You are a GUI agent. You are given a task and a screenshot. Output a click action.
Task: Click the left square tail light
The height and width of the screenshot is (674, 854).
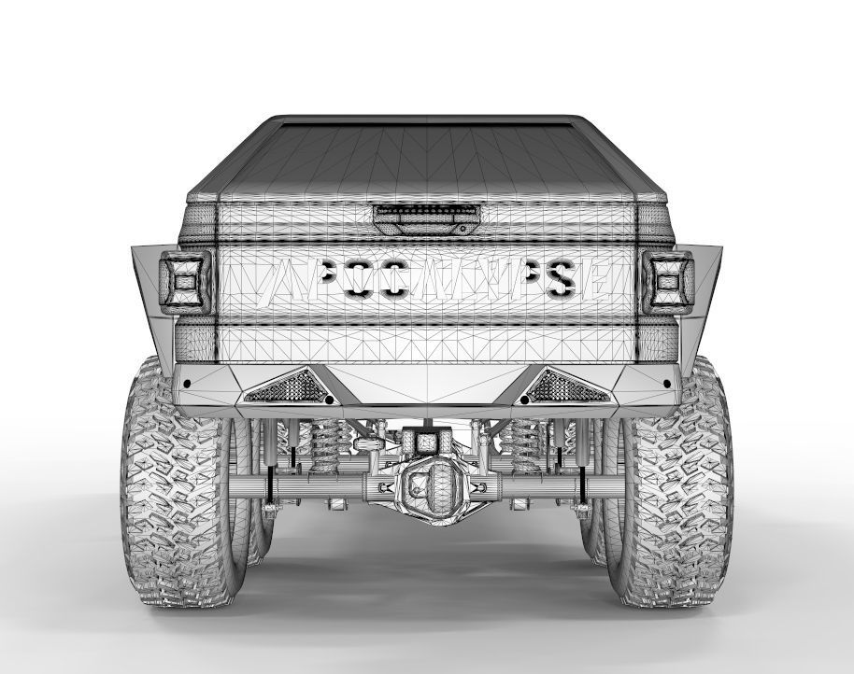point(186,279)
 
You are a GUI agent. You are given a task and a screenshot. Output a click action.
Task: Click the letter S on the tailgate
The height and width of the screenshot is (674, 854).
point(561,278)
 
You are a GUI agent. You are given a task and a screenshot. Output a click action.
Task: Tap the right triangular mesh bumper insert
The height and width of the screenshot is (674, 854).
point(569,386)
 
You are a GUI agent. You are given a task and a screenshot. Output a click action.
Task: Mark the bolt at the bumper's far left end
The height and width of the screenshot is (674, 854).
point(187,384)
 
